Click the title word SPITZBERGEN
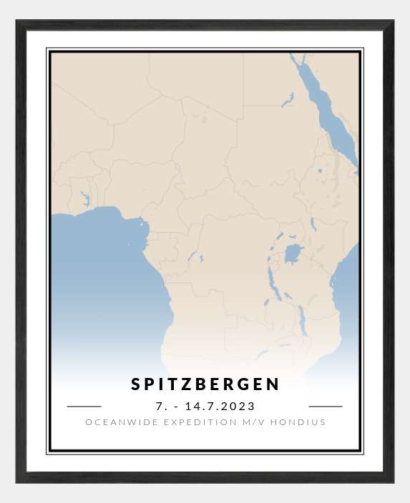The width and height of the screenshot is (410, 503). [x=205, y=384]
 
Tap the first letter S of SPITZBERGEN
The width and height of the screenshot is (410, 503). [x=136, y=384]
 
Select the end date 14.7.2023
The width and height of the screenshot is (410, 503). [x=220, y=406]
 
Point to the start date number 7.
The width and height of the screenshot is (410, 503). [x=159, y=406]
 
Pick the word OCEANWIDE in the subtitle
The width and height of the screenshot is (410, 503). [x=114, y=422]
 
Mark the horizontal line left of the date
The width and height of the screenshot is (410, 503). [x=84, y=406]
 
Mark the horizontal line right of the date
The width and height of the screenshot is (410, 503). [x=326, y=406]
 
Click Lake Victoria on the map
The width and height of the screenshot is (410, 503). [x=293, y=254]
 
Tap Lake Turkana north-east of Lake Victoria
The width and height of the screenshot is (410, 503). [x=313, y=224]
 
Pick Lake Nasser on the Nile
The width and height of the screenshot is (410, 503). [x=288, y=101]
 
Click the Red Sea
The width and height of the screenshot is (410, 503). [x=326, y=114]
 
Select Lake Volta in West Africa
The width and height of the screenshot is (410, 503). [x=85, y=198]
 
